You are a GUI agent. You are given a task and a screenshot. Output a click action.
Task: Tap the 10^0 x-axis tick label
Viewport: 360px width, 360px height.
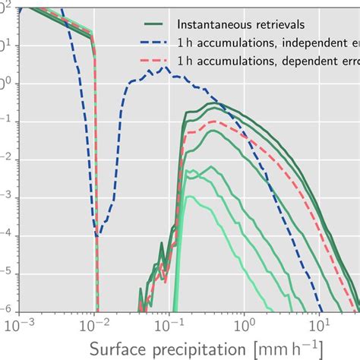(245, 324)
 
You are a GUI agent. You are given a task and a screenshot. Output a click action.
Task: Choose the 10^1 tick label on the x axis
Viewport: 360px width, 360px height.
(319, 324)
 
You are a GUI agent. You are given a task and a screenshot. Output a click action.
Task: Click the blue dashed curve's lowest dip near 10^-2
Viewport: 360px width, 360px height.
(96, 236)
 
